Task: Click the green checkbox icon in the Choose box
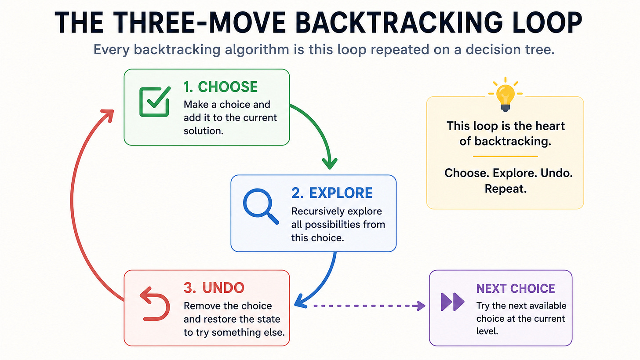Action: pos(155,102)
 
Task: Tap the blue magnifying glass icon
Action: pos(261,206)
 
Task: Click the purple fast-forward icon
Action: pos(452,302)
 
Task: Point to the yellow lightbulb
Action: pos(505,94)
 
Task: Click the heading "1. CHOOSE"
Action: pos(220,87)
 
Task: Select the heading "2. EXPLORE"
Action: pos(332,193)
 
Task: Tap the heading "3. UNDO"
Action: pos(214,288)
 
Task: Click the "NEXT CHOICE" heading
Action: pos(516,289)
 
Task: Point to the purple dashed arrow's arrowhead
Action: pos(421,306)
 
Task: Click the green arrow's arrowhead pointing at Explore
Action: pos(330,164)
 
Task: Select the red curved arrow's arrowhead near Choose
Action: pos(108,116)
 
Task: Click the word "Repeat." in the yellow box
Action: pos(505,189)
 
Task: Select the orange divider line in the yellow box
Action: pos(505,156)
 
